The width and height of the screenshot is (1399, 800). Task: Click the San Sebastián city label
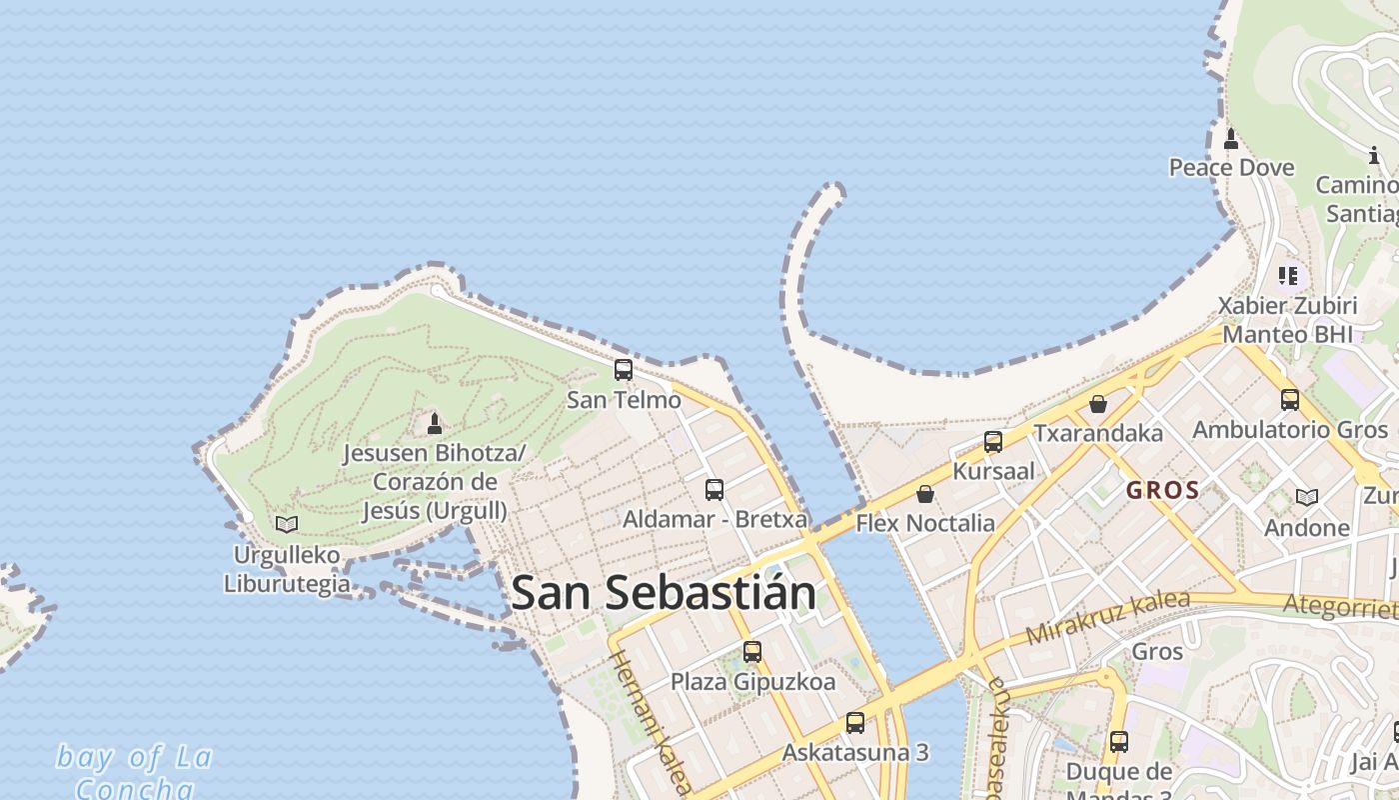pyautogui.click(x=663, y=592)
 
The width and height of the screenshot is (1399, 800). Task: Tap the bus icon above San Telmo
pyautogui.click(x=624, y=370)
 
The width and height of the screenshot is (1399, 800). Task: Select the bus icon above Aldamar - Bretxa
pyautogui.click(x=714, y=489)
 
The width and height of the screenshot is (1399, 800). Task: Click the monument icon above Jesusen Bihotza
pyautogui.click(x=435, y=424)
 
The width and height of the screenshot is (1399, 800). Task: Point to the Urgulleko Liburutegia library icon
pyautogui.click(x=287, y=524)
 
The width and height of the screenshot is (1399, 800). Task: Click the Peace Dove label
pyautogui.click(x=1231, y=167)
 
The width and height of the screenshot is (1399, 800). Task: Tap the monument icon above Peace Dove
pyautogui.click(x=1231, y=138)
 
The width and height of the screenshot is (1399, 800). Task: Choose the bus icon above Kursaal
pyautogui.click(x=993, y=441)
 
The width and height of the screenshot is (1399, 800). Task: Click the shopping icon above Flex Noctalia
pyautogui.click(x=925, y=494)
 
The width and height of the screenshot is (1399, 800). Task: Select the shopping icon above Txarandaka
pyautogui.click(x=1098, y=404)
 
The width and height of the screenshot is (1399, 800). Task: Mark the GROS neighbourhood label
pyautogui.click(x=1162, y=491)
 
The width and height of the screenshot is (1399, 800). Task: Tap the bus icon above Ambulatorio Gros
pyautogui.click(x=1290, y=400)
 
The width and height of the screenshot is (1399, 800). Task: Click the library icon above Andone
pyautogui.click(x=1306, y=497)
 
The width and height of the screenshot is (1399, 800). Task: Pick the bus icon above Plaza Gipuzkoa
pyautogui.click(x=752, y=652)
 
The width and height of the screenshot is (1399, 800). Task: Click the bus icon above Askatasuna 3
pyautogui.click(x=855, y=722)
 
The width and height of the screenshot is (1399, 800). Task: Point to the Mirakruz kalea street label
pyautogui.click(x=1107, y=617)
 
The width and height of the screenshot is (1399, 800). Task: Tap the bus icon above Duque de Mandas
pyautogui.click(x=1119, y=742)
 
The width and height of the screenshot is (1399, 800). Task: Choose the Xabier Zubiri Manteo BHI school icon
pyautogui.click(x=1288, y=275)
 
